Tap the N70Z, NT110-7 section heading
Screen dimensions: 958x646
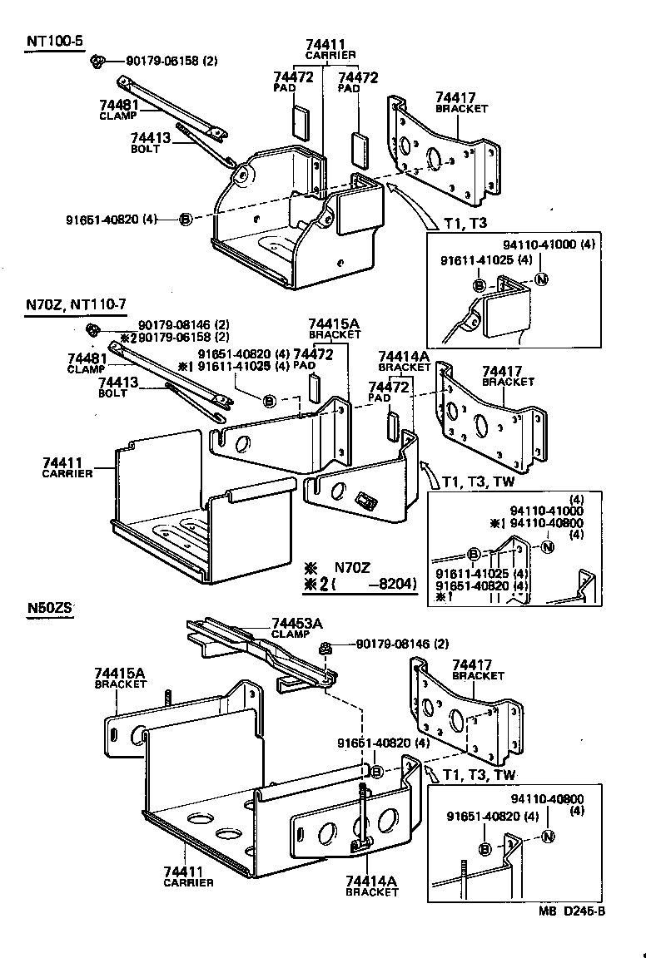pos(76,305)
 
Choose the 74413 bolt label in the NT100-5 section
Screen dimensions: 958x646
pos(150,138)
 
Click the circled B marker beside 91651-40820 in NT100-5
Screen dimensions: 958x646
pos(185,219)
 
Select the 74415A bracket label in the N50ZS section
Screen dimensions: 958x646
pos(120,673)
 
